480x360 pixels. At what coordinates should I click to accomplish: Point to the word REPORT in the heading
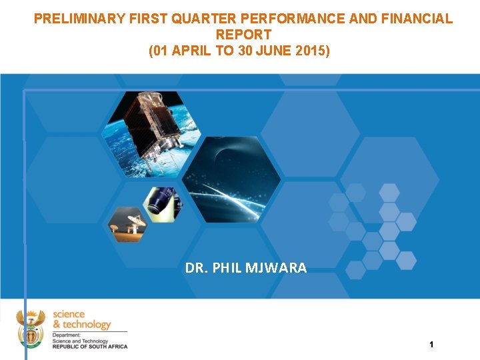244,34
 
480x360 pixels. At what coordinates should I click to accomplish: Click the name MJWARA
277,268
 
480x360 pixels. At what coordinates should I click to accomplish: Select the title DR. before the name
195,268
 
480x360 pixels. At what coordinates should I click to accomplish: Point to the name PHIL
227,268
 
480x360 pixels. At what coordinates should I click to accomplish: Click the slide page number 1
431,345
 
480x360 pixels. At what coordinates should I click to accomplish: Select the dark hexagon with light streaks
231,179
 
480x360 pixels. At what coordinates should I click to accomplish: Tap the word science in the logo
69,314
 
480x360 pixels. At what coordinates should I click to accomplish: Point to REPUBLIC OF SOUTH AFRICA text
89,346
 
